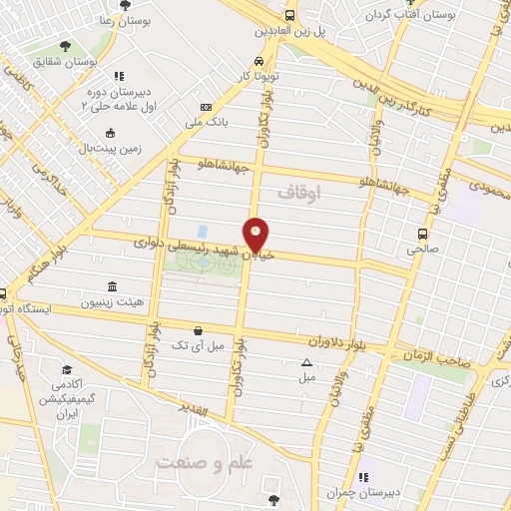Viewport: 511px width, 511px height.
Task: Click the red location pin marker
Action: click(x=256, y=235)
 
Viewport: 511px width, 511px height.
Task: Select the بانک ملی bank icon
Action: click(x=207, y=108)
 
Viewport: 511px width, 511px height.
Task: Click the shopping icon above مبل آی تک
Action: click(x=198, y=330)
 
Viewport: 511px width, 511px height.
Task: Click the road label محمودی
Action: click(x=488, y=189)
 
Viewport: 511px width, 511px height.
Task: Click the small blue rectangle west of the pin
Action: click(x=203, y=232)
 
